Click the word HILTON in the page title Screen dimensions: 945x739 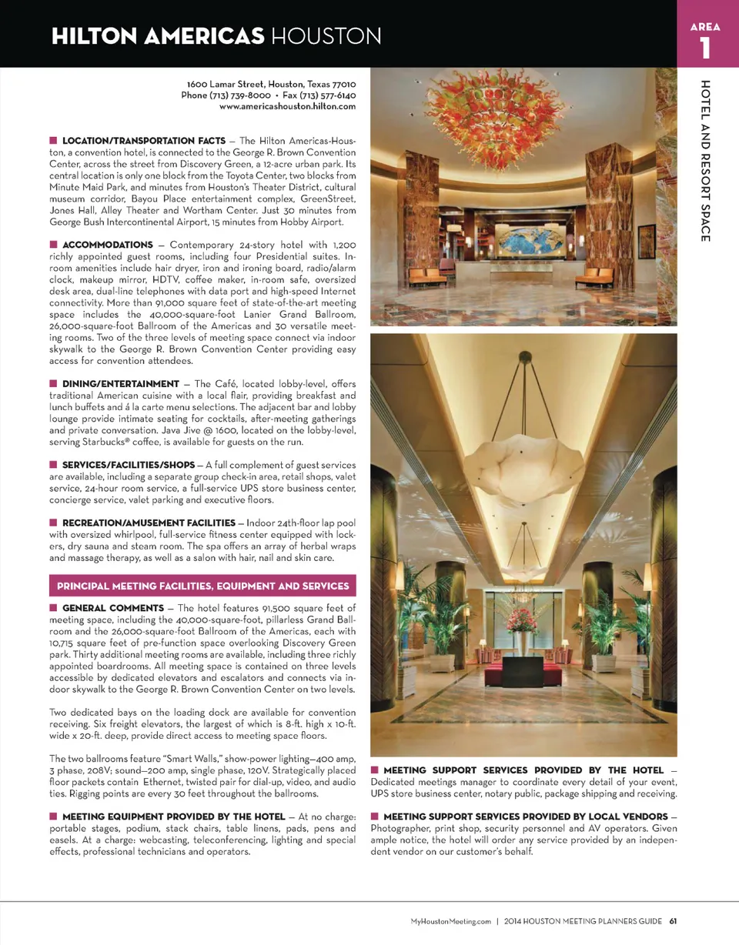click(x=99, y=35)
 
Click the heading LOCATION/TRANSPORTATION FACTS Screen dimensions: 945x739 click(x=143, y=141)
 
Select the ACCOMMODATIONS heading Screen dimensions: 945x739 click(x=107, y=245)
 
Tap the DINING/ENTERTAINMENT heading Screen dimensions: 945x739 click(x=120, y=383)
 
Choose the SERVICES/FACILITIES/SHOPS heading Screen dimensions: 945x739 click(x=128, y=465)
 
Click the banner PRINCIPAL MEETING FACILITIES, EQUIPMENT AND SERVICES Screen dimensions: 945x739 click(x=202, y=586)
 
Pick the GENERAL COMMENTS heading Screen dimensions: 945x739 click(x=112, y=608)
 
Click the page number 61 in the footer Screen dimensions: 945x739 click(x=672, y=921)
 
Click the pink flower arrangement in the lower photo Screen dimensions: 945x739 click(x=524, y=618)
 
